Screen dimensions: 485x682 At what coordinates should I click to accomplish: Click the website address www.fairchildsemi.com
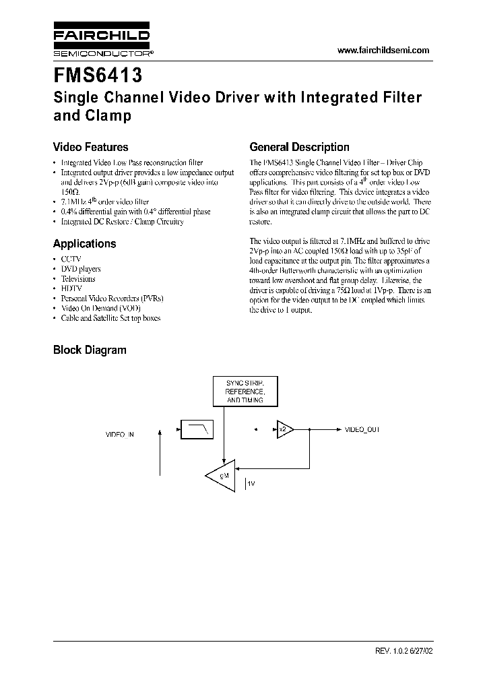383,51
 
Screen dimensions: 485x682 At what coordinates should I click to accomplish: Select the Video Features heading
90,147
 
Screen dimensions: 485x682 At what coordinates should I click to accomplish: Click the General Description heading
299,147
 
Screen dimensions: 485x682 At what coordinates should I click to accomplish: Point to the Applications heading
84,244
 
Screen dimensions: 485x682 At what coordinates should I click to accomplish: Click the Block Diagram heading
90,350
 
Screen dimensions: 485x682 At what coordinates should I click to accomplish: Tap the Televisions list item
77,278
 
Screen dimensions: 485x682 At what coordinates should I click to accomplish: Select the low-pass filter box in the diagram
196,429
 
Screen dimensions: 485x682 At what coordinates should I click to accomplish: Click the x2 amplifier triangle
284,429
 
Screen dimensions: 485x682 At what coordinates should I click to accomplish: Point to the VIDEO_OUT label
362,429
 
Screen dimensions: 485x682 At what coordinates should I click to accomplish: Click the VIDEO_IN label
120,435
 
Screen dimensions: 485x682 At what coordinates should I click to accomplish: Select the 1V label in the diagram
251,485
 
